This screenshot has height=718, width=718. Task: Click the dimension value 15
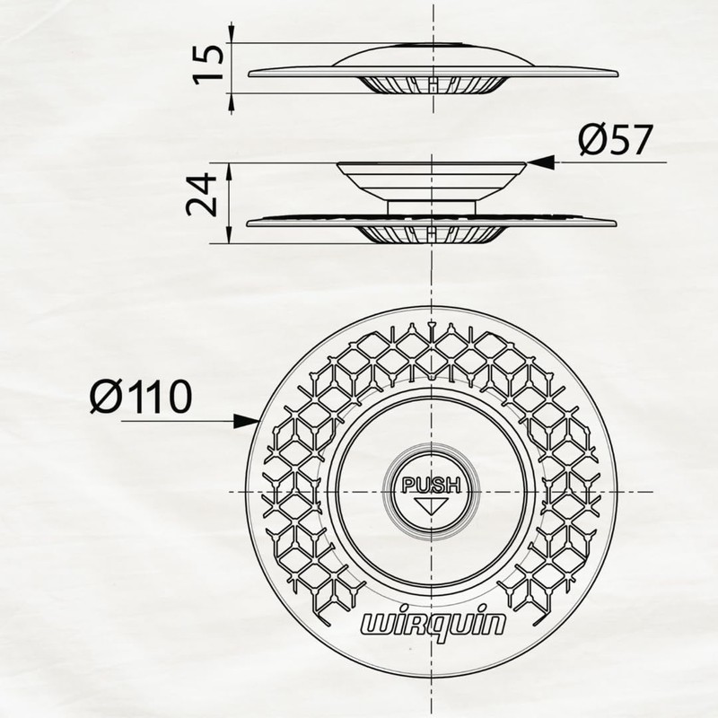click(209, 64)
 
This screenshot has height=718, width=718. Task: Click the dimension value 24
click(201, 195)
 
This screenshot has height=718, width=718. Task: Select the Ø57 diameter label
click(615, 140)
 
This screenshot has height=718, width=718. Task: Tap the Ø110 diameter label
click(141, 397)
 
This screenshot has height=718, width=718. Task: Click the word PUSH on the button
click(431, 485)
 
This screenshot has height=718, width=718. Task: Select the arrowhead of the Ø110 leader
click(246, 421)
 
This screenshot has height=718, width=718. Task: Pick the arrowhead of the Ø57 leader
click(540, 162)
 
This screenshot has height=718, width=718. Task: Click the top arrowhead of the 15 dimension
click(232, 33)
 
